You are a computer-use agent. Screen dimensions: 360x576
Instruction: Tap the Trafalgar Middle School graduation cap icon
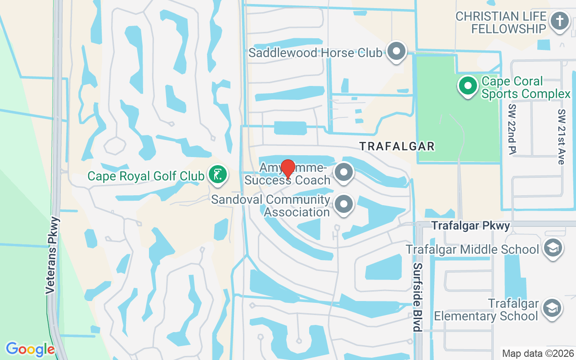[x=553, y=248]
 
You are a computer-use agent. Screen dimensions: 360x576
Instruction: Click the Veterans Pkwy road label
[x=53, y=256]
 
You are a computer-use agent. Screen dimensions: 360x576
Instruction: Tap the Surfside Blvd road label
[x=417, y=297]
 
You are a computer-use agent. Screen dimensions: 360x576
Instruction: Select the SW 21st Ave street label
[x=561, y=136]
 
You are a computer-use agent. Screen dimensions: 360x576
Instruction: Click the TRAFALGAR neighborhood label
[x=397, y=146]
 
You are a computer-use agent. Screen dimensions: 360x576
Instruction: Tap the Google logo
[x=30, y=349]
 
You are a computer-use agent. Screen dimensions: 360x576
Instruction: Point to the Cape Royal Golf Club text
[x=146, y=175]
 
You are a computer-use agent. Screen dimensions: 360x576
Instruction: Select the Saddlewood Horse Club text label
[x=315, y=53]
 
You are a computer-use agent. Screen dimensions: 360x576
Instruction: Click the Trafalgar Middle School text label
[x=472, y=249]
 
